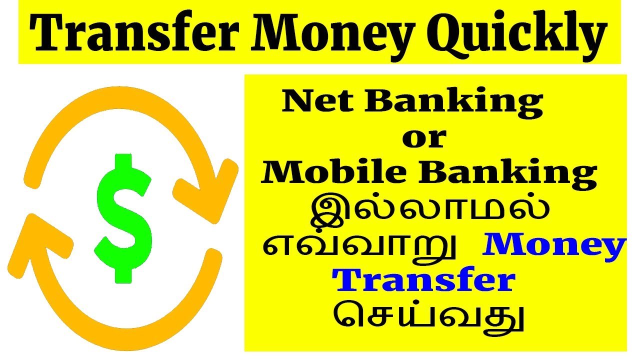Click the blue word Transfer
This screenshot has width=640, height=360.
coord(424,281)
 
